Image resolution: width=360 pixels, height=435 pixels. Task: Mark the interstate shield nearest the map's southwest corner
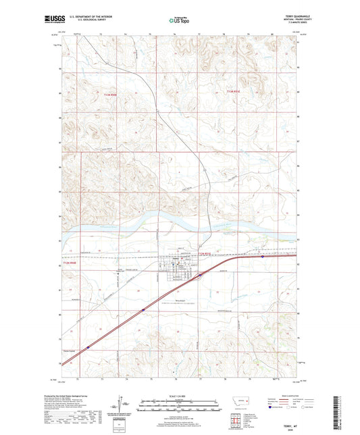88,344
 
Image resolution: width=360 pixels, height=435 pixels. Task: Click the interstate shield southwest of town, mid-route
143,309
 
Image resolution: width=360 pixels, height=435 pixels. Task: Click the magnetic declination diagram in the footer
125,408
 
